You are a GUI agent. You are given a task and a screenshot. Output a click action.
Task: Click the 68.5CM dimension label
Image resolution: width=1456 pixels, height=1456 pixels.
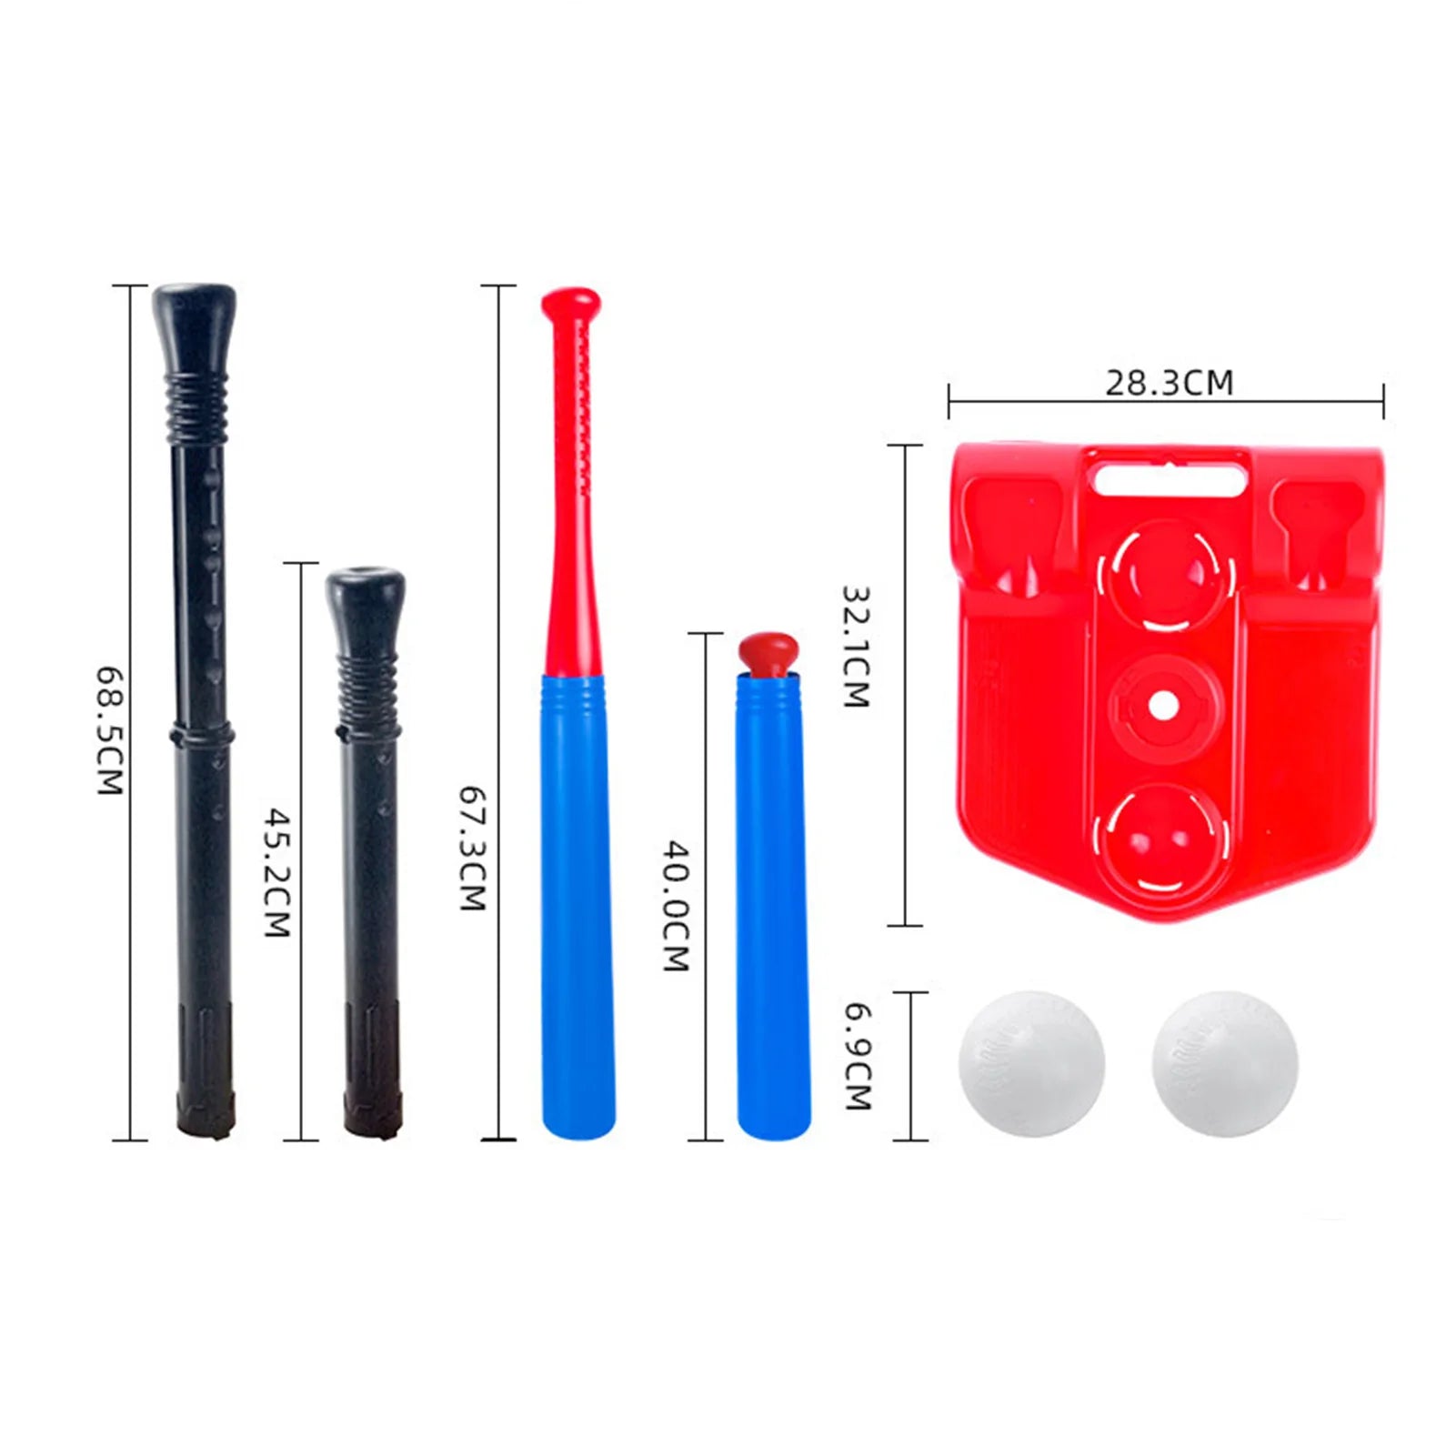110,732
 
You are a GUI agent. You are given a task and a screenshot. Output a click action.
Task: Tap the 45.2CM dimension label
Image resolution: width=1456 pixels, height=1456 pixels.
276,872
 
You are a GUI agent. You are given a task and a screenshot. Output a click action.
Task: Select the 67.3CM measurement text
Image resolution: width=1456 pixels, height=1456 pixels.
473,848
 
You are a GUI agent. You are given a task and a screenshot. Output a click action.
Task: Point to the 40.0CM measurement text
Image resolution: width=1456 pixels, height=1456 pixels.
676,906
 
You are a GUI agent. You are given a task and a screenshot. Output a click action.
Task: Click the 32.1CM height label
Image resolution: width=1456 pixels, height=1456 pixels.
856,647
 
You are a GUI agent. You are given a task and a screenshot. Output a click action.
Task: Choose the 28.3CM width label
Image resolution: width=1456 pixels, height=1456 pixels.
1170,383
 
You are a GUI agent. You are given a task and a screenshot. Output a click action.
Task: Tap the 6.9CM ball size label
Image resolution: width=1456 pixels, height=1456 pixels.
859,1057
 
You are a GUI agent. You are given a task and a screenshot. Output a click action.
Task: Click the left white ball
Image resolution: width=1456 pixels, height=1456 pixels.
1032,1063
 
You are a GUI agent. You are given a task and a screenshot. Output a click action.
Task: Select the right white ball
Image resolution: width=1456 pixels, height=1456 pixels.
1225,1063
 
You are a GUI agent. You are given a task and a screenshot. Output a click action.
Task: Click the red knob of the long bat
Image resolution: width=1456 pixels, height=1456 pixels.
571,302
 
